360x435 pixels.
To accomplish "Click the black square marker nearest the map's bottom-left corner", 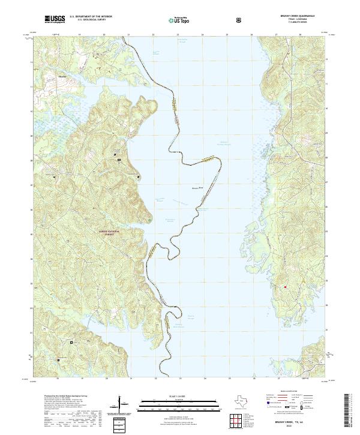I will pyautogui.click(x=58, y=360).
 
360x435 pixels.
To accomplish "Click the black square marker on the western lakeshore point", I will pyautogui.click(x=139, y=177).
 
